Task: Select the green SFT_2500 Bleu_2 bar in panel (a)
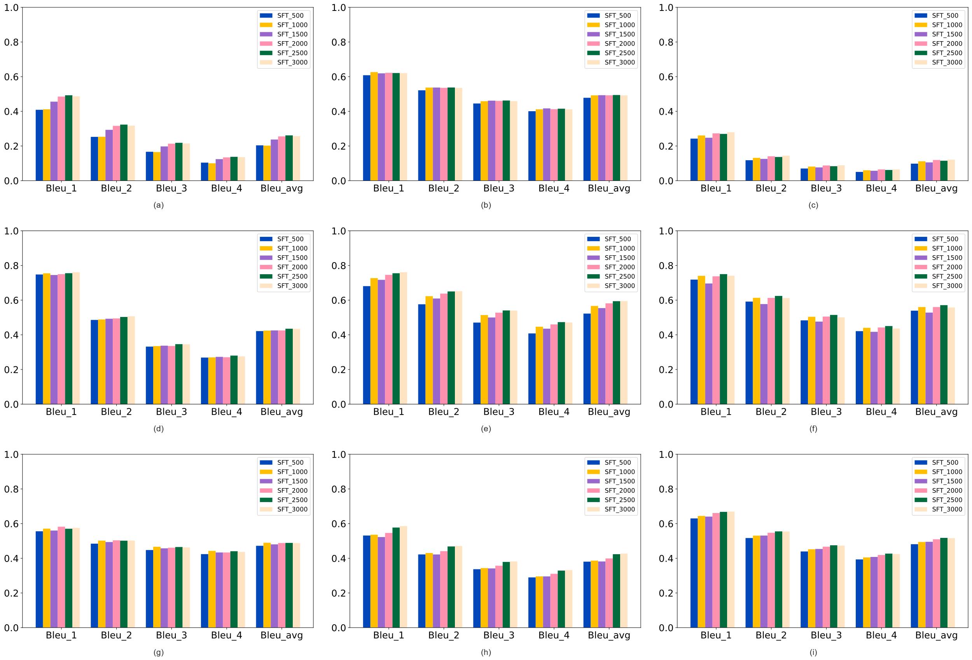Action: [124, 153]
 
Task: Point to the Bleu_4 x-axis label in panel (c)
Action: [881, 189]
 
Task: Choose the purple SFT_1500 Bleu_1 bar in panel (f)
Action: [708, 344]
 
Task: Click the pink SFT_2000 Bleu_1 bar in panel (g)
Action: [61, 577]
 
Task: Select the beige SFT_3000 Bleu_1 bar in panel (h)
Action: [403, 577]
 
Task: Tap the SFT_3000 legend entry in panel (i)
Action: [947, 509]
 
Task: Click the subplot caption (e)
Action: [486, 429]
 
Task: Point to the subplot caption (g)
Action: [159, 652]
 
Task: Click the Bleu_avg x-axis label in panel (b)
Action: [609, 189]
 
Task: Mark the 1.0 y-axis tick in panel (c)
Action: [666, 7]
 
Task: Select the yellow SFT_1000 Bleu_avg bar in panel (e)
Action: [594, 355]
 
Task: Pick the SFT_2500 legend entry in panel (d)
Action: [292, 277]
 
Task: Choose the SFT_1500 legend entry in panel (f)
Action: [947, 257]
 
